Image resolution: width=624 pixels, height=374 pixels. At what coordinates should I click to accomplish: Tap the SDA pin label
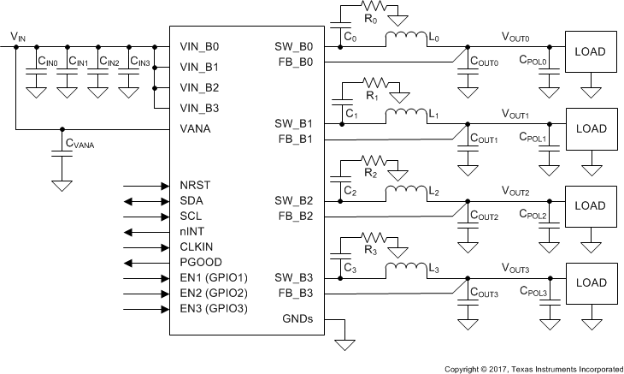[192, 200]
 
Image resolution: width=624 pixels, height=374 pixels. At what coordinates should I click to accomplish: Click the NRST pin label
[196, 185]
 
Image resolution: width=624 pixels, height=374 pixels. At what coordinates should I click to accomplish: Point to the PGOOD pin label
[201, 262]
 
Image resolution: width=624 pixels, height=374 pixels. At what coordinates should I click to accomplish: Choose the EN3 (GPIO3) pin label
[214, 308]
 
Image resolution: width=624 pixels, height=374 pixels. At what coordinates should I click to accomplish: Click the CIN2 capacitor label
[109, 62]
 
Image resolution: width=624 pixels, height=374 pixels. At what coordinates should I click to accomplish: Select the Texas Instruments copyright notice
[533, 369]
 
